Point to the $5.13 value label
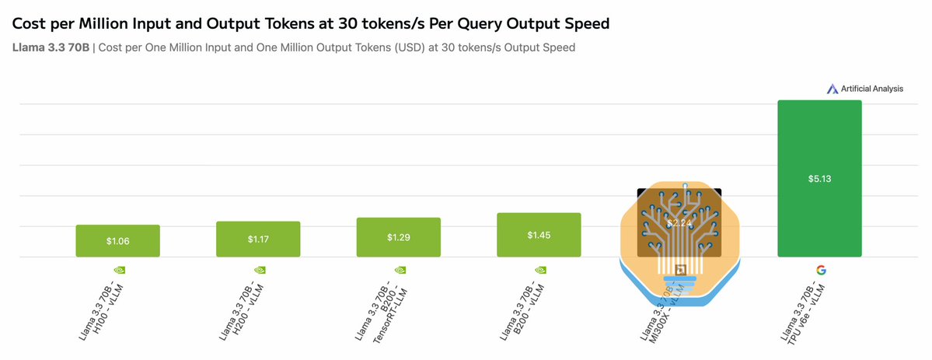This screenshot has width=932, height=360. point(819,178)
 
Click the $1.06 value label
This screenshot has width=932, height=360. point(117,241)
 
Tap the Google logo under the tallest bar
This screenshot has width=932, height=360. point(819,270)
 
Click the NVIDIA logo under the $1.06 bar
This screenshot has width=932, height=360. point(118,270)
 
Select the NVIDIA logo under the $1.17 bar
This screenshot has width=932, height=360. point(258,270)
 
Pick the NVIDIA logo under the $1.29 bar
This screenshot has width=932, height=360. point(399,270)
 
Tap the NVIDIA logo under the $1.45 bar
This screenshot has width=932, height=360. point(539,270)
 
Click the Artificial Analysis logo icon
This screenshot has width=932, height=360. point(832,89)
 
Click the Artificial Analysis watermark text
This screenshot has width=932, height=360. point(871,89)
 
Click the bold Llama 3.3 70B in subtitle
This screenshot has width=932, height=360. point(51,47)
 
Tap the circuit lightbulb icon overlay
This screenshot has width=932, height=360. point(679,241)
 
